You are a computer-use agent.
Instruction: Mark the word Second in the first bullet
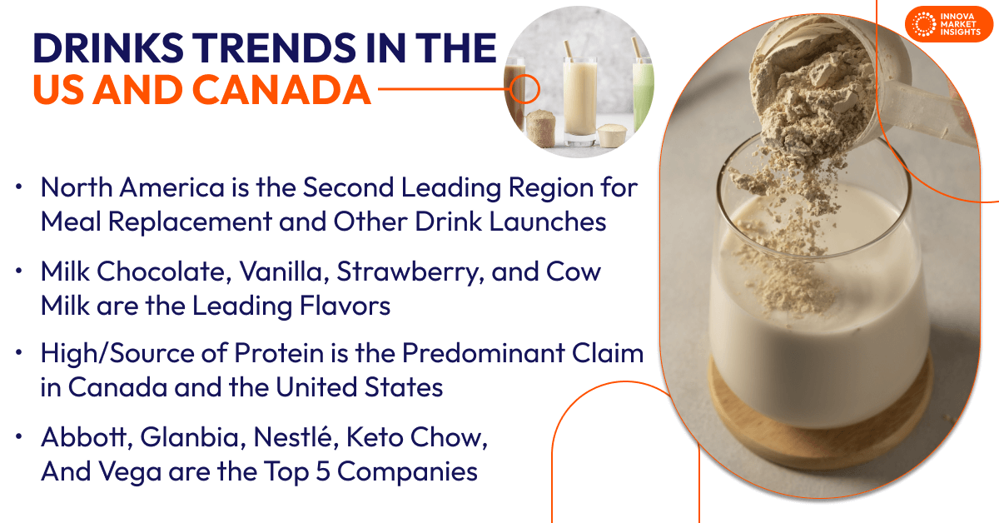tap(348, 188)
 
